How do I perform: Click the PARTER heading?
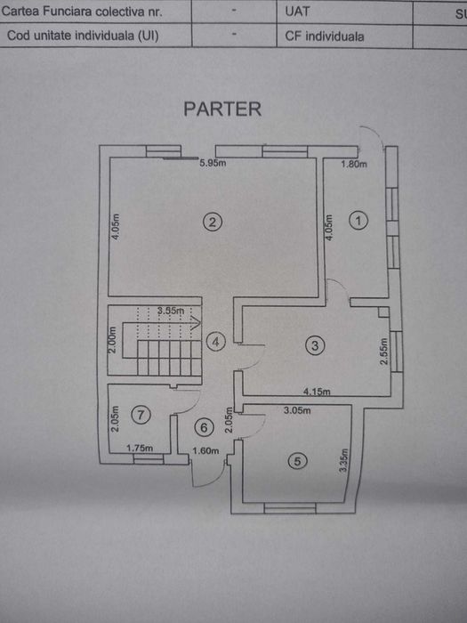(x=222, y=109)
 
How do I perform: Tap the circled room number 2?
(x=213, y=222)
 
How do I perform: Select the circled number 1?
(x=358, y=221)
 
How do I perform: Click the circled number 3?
(x=315, y=345)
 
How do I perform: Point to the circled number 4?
(x=215, y=342)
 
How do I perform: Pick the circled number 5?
(x=298, y=461)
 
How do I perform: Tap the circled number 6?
(x=204, y=427)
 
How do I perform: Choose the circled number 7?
(x=141, y=415)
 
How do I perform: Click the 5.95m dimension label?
(x=213, y=163)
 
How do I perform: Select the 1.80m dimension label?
(x=354, y=164)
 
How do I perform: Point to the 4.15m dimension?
(x=317, y=392)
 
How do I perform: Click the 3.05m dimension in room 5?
(x=297, y=410)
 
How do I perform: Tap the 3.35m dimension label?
(x=343, y=460)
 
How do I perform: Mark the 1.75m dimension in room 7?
(x=140, y=448)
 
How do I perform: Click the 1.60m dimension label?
(x=205, y=450)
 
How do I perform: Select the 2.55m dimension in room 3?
(x=383, y=352)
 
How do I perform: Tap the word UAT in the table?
(x=297, y=12)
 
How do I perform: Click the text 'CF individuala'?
(x=325, y=36)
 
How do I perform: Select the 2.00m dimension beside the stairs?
(x=112, y=340)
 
